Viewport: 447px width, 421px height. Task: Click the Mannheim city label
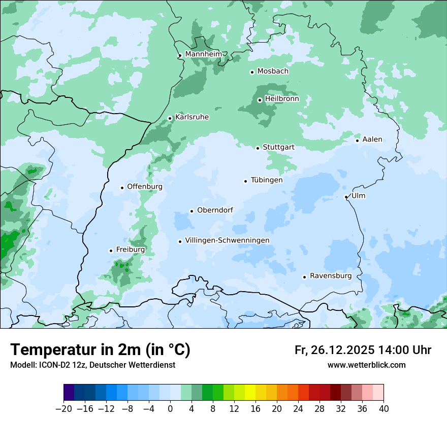203,54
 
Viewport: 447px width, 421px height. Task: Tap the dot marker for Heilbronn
260,100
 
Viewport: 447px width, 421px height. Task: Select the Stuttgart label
278,147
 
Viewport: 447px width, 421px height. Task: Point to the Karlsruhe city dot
170,118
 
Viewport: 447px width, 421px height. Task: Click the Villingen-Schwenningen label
227,240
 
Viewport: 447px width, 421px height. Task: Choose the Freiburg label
130,250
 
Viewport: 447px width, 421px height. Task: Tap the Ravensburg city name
330,276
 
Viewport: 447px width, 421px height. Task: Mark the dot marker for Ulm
346,197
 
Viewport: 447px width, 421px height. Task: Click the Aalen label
372,139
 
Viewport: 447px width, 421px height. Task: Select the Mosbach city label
272,71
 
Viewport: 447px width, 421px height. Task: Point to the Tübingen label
266,180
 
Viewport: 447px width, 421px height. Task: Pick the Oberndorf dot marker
191,211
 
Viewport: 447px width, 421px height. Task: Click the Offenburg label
144,187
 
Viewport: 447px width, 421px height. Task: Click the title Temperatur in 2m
100,349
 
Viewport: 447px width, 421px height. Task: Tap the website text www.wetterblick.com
366,365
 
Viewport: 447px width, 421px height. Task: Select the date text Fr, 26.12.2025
334,350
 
